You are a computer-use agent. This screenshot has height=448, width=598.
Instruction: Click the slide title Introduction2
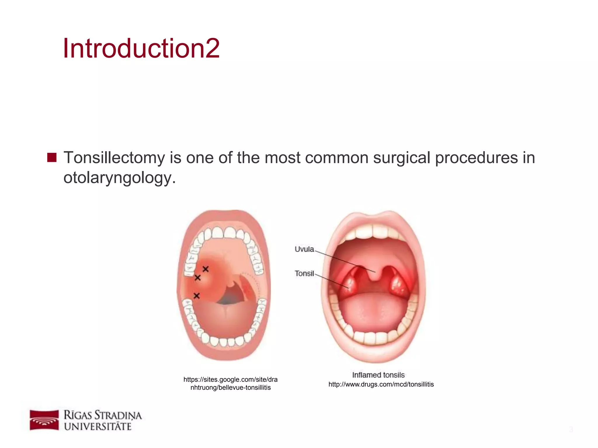tap(141, 48)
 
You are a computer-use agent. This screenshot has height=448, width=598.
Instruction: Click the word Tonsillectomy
tap(114, 158)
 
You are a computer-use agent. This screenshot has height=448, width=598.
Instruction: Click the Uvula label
tap(304, 249)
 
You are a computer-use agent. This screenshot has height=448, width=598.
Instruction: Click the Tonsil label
tap(304, 274)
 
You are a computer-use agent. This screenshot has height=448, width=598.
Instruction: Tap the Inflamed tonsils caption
tap(378, 375)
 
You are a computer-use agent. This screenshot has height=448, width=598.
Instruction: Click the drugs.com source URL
tap(381, 384)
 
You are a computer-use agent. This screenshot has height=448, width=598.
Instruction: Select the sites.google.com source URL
tap(230, 384)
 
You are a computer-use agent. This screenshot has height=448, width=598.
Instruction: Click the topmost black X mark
tap(206, 269)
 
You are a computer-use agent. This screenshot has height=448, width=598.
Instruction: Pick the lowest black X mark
tap(197, 296)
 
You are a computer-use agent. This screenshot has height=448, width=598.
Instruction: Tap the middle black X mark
tap(198, 278)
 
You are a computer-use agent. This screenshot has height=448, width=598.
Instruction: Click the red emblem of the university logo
tap(44, 420)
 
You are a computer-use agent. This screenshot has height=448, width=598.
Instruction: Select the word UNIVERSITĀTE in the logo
tap(98, 427)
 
